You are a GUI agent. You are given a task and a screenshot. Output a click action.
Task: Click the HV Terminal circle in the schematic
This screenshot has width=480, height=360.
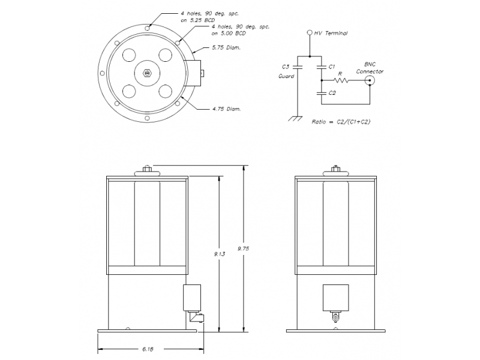pos(310,32)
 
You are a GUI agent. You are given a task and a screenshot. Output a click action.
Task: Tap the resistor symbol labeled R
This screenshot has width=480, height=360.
pos(341,80)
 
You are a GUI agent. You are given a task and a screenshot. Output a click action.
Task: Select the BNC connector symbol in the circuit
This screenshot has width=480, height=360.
pos(370,81)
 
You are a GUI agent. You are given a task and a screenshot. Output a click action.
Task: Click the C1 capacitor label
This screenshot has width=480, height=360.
pos(332,67)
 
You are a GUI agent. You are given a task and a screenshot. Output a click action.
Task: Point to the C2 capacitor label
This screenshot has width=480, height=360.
pos(332,93)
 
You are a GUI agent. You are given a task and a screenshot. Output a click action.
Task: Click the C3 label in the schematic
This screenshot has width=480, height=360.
pos(286,67)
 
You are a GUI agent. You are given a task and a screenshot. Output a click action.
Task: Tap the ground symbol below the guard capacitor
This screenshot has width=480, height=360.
pos(295,119)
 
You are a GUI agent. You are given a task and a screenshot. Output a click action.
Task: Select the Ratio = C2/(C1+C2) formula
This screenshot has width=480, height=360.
pos(341,122)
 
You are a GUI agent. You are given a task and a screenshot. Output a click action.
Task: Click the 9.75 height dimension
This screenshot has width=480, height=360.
pos(244,248)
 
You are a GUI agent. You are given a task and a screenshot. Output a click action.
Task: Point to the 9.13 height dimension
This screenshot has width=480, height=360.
pos(220,254)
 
